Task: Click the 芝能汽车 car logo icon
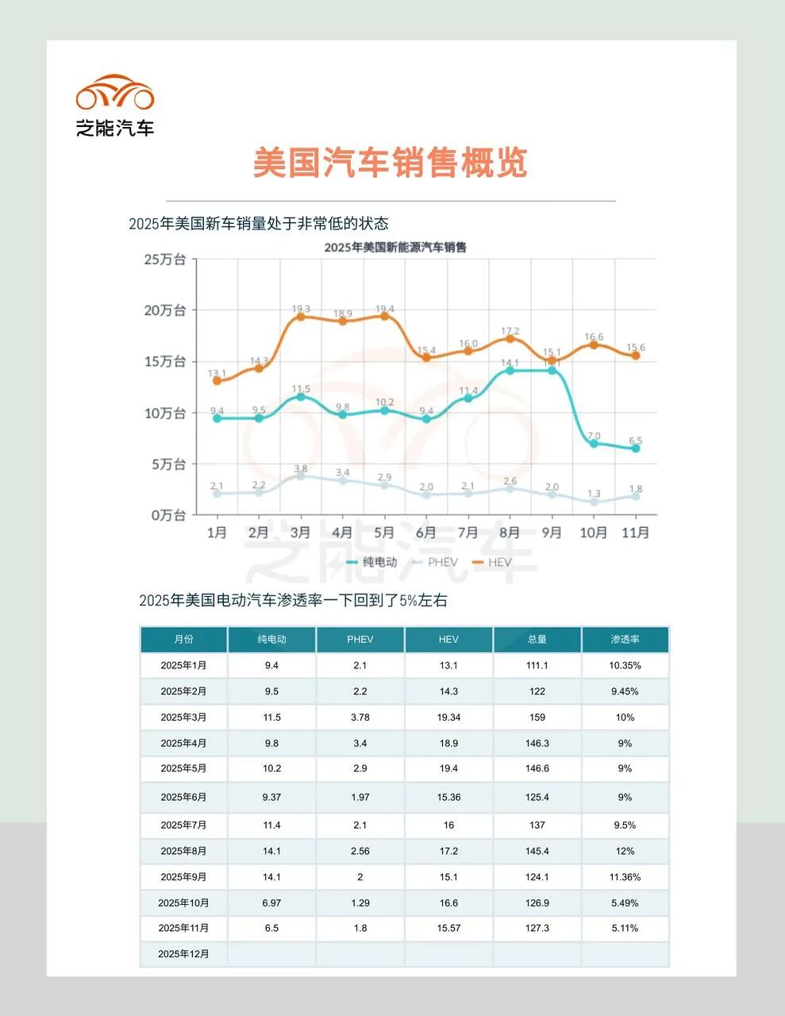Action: coord(115,93)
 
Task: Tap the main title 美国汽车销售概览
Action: coord(391,164)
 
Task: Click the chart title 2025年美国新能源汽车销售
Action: coord(395,247)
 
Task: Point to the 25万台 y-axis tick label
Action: coord(165,259)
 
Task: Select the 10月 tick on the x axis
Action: coord(593,532)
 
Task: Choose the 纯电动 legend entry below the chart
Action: coord(372,562)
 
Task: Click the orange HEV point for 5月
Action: coord(385,315)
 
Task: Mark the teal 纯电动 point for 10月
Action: coord(594,443)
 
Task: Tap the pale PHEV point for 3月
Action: coord(301,475)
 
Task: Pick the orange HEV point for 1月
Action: coord(217,380)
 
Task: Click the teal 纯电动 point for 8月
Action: coord(510,370)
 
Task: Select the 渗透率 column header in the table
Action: coord(625,639)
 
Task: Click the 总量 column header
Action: coord(537,639)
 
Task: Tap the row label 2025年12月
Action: coord(183,953)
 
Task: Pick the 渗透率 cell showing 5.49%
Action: coord(625,902)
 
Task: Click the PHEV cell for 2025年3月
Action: coord(360,717)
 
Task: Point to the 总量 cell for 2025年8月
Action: coord(537,851)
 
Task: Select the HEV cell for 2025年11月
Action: coord(448,928)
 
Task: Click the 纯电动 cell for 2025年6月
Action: coord(271,797)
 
